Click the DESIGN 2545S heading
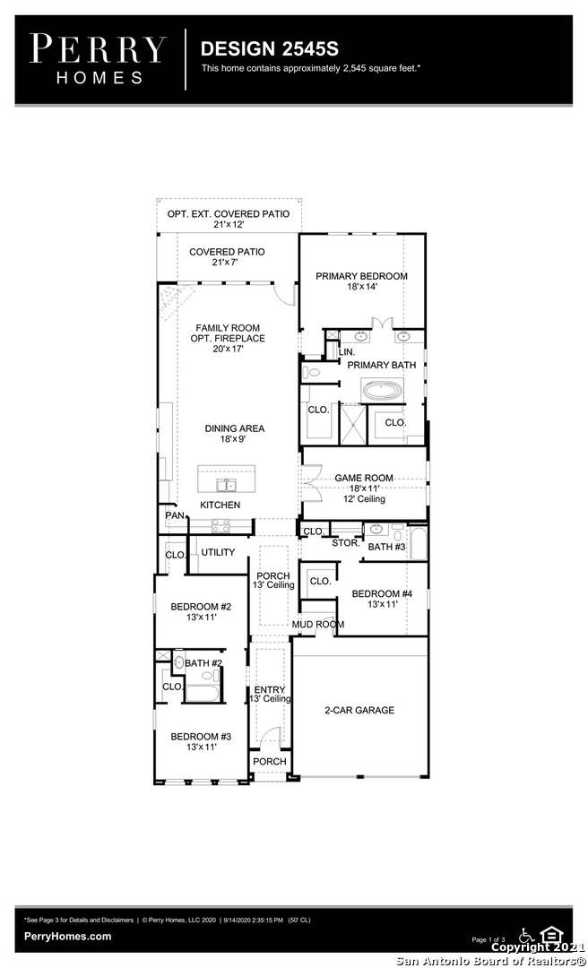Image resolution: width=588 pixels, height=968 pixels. [x=269, y=48]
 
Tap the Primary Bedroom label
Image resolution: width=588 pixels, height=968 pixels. [x=361, y=276]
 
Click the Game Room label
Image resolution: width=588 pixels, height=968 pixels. [x=364, y=478]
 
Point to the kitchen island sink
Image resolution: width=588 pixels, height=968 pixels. [x=226, y=485]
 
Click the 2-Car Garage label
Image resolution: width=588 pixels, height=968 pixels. [x=359, y=710]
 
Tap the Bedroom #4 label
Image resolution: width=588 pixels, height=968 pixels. [x=382, y=594]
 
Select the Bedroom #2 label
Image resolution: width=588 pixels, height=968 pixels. [x=201, y=607]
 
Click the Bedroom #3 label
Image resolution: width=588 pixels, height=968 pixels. [x=201, y=737]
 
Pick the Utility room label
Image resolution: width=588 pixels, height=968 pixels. [x=218, y=552]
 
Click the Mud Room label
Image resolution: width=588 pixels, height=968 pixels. [x=318, y=624]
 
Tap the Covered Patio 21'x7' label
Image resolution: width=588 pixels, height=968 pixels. [x=228, y=257]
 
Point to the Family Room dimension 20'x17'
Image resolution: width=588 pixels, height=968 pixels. [x=228, y=349]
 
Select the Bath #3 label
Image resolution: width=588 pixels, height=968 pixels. [x=386, y=547]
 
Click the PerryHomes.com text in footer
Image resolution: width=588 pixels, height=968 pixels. [x=68, y=937]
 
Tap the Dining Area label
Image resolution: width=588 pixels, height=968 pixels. [x=235, y=428]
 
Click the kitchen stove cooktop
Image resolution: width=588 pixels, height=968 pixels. [x=221, y=526]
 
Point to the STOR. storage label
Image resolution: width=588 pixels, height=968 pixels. [x=346, y=542]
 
